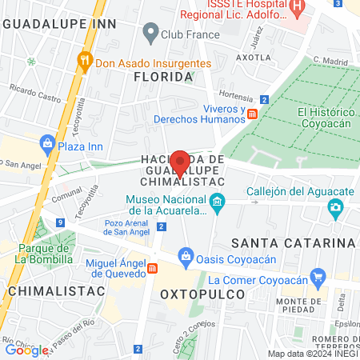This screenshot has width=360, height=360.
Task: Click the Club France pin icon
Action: [x=150, y=33]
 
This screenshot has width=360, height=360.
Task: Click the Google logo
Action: [x=26, y=350]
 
